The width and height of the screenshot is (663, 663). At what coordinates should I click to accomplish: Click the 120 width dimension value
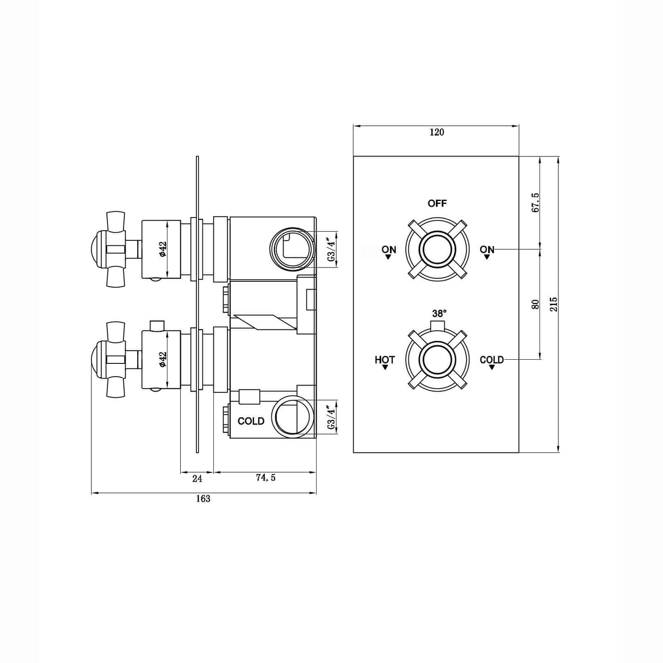pyautogui.click(x=437, y=132)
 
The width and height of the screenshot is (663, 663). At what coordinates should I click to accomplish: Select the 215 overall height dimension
pyautogui.click(x=554, y=304)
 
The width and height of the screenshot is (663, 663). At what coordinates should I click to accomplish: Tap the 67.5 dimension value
pyautogui.click(x=535, y=202)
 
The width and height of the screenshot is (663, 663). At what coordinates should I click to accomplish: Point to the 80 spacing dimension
pyautogui.click(x=535, y=304)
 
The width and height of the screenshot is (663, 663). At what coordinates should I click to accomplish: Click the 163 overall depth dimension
pyautogui.click(x=203, y=499)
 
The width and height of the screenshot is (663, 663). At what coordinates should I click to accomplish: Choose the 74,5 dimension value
pyautogui.click(x=266, y=478)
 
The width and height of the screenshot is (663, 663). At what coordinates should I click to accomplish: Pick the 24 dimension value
pyautogui.click(x=197, y=478)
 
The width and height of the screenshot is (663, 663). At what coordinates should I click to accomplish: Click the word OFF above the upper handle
pyautogui.click(x=437, y=203)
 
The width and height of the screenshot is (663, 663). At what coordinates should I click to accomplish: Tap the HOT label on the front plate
pyautogui.click(x=384, y=360)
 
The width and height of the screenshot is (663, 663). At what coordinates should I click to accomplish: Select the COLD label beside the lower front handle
pyautogui.click(x=492, y=360)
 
